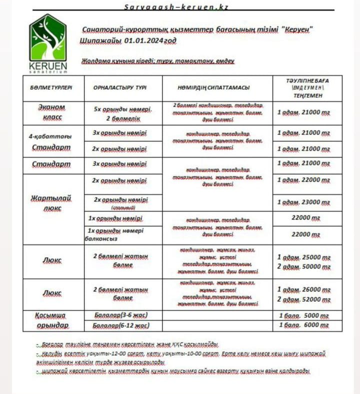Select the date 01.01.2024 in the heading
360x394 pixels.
148,40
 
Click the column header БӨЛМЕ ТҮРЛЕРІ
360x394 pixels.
51,87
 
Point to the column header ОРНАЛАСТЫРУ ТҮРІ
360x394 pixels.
120,87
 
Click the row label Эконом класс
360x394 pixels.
51,112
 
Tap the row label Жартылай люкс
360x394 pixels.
51,203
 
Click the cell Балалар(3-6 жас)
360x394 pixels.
120,315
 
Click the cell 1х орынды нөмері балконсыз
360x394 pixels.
115,235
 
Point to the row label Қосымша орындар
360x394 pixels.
51,320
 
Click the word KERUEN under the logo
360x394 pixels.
47,66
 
